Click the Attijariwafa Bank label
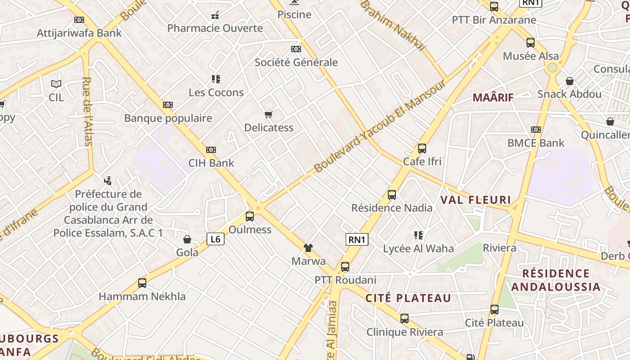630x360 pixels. point(79,33)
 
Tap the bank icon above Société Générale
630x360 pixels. point(296,49)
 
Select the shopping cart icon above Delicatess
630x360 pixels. point(269,114)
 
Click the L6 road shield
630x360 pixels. point(216,239)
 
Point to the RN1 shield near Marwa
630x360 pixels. point(357,239)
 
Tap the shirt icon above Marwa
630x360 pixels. point(308,247)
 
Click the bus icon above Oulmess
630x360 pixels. point(250,216)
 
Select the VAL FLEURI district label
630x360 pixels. point(476,200)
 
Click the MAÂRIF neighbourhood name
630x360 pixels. point(493,97)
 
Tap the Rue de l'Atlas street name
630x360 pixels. point(87,112)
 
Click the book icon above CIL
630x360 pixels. point(56,84)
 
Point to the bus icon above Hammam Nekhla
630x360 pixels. point(142,283)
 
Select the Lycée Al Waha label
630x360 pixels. point(418,248)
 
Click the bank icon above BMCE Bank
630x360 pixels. point(535,130)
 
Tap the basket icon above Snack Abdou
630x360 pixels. point(570,81)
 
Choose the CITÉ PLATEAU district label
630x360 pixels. point(408,298)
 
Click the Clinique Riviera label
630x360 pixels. point(405,332)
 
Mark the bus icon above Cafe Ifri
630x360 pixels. point(422,148)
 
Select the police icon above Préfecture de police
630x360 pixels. point(108,181)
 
